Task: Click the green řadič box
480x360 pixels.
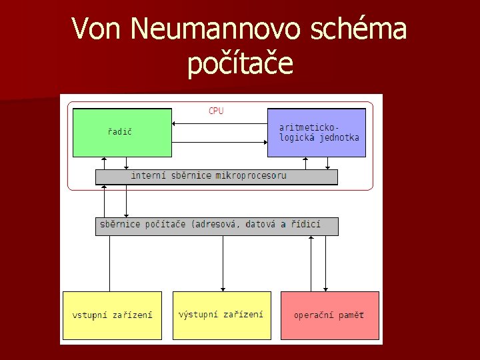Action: tap(121, 132)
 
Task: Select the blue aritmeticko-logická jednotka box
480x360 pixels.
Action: tap(317, 132)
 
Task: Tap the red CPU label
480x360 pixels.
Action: tap(216, 111)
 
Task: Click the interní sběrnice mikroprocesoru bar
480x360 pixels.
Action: tap(217, 176)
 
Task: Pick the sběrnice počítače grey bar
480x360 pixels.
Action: tap(217, 225)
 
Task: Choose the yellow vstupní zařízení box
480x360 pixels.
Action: tap(112, 315)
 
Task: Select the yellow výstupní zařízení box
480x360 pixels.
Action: tap(221, 315)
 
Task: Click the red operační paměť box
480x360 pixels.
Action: tap(329, 315)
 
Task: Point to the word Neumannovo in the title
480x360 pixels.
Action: tap(203, 29)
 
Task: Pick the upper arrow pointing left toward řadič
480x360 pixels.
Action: tap(220, 123)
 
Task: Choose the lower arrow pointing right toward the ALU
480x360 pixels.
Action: tap(220, 141)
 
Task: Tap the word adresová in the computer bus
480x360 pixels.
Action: tap(217, 225)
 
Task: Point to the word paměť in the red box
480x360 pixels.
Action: tap(351, 315)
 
